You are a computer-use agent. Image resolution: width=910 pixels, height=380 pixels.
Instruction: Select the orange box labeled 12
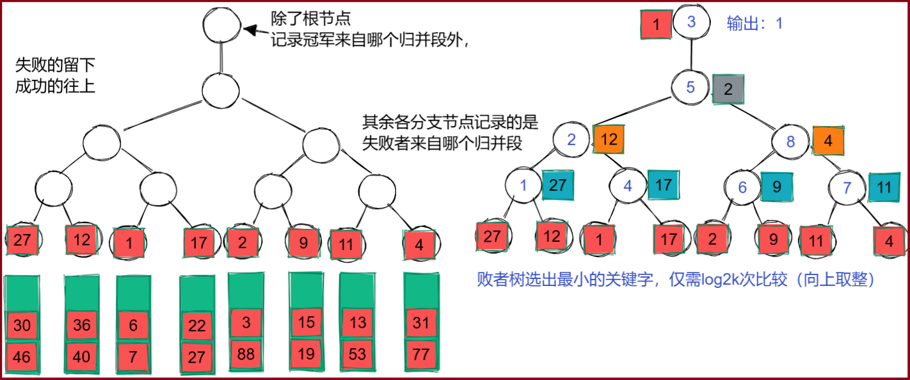pos(609,139)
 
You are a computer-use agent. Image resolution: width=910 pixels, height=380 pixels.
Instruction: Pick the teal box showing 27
pos(558,186)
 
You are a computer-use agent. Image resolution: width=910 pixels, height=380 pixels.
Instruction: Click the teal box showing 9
pos(776,187)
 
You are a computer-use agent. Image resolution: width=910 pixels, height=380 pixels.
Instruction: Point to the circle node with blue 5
pos(690,87)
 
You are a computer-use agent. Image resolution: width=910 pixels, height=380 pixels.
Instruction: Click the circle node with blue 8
pos(790,141)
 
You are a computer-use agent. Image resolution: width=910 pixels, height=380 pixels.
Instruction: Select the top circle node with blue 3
pos(691,22)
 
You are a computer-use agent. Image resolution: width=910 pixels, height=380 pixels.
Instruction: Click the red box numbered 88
pos(246,353)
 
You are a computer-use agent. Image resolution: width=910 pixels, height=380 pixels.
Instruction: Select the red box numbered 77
pos(420,353)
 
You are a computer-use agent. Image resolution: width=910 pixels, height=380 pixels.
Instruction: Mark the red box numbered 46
pos(22,356)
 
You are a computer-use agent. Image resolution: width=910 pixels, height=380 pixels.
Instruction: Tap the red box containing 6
pos(133,325)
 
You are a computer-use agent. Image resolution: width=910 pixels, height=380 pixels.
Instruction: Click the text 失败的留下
pos(55,65)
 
